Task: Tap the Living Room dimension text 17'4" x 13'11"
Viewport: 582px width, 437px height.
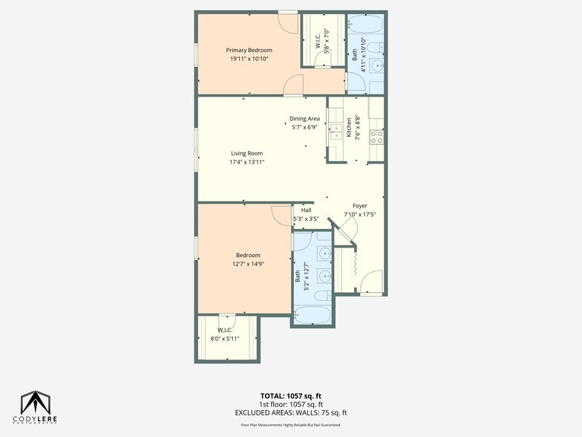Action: pos(247,162)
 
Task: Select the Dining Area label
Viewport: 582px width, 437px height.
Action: pos(304,119)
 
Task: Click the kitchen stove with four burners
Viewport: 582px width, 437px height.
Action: pos(376,136)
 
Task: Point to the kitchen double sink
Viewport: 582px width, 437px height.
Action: pos(336,128)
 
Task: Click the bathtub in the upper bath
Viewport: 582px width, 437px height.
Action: pos(365,25)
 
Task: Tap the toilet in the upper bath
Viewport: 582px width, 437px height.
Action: pos(375,48)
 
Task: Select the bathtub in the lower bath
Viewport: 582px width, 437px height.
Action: pos(313,314)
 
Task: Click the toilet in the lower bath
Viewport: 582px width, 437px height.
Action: pos(324,295)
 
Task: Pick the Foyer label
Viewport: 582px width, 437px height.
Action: pos(360,206)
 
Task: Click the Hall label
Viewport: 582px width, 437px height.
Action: pos(306,210)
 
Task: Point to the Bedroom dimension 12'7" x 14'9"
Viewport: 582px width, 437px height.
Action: pos(248,264)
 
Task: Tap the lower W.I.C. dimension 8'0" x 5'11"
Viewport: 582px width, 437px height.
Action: pos(228,338)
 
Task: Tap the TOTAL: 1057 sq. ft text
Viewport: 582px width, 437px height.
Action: pos(291,395)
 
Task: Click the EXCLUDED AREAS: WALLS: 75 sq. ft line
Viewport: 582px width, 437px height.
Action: pos(291,412)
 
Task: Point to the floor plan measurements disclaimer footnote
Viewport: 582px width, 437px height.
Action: pos(291,424)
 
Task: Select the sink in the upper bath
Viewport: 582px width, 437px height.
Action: pos(377,66)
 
